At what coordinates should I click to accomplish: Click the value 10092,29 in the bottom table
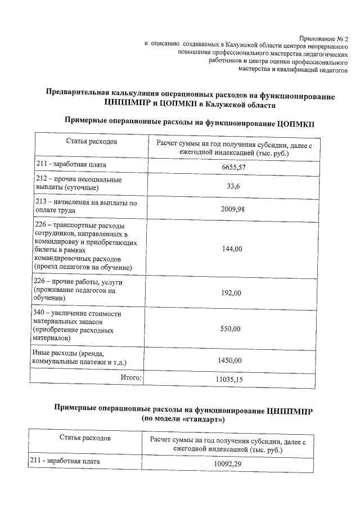(x=227, y=464)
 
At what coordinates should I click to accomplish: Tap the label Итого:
(x=131, y=378)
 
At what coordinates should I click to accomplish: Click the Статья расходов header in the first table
(x=91, y=141)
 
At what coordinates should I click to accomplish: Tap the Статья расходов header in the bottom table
(x=85, y=437)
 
